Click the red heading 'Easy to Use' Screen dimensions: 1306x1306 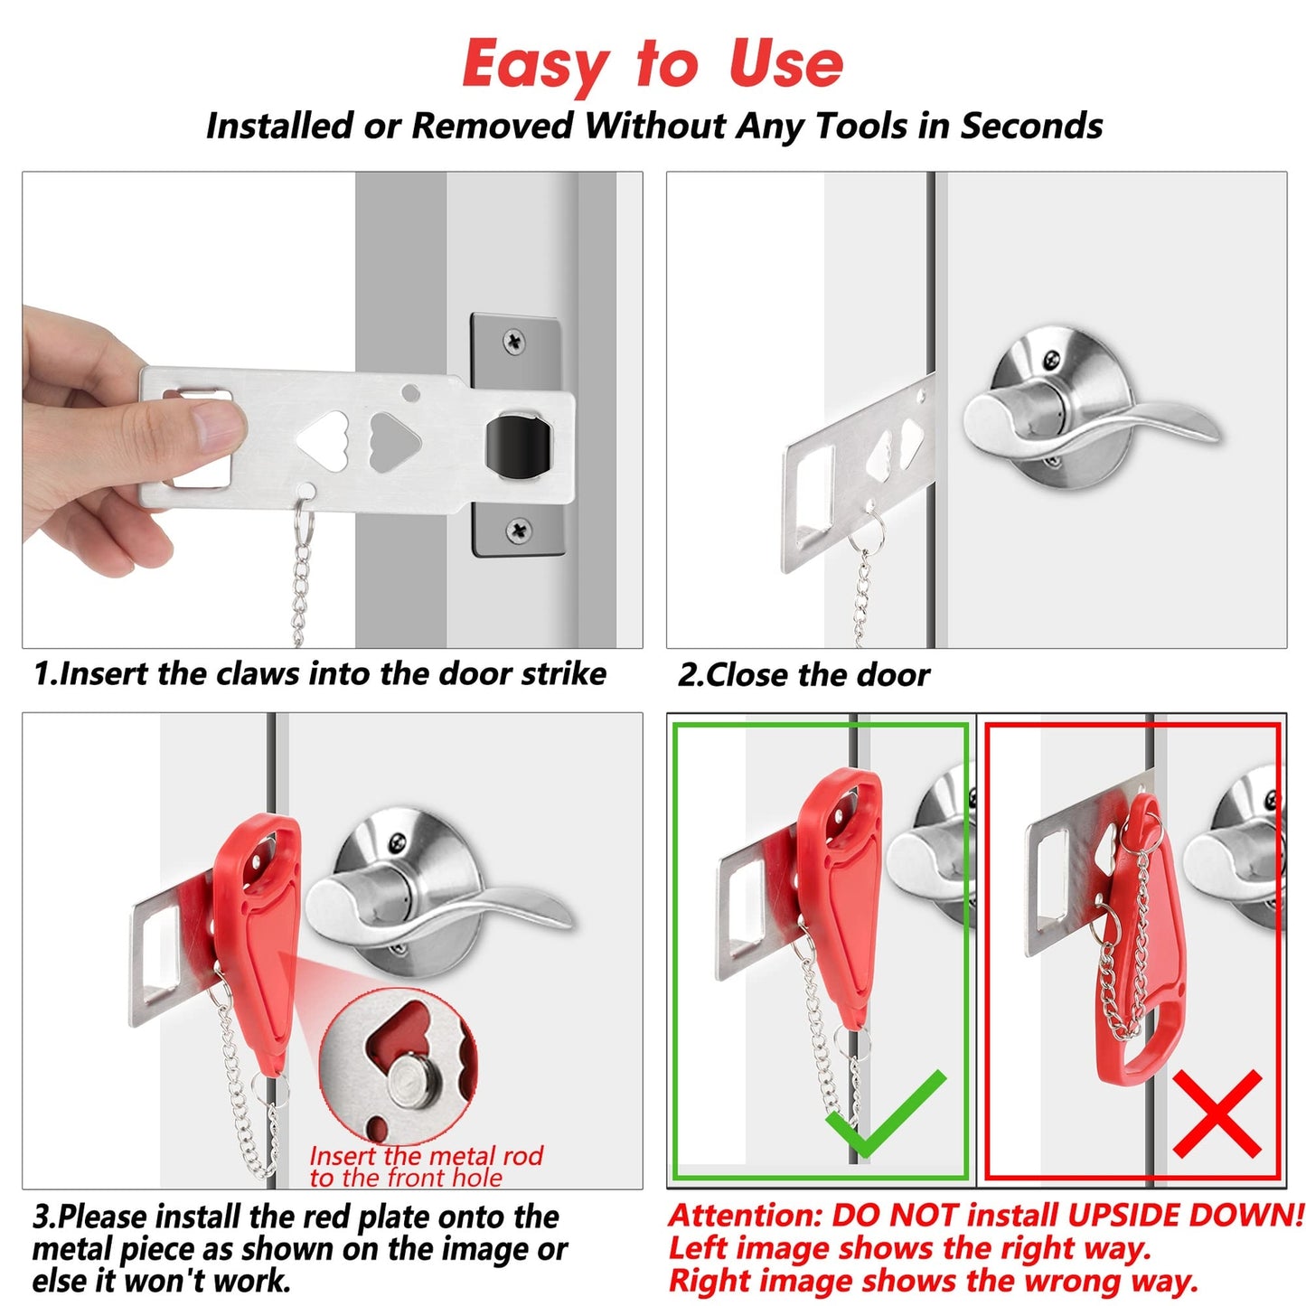(653, 65)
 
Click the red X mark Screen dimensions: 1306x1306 (1217, 1113)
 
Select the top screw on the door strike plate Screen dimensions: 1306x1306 (514, 342)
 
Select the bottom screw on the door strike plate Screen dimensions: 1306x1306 (518, 530)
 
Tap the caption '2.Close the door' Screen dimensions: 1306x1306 (803, 675)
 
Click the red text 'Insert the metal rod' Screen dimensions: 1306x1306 (426, 1156)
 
